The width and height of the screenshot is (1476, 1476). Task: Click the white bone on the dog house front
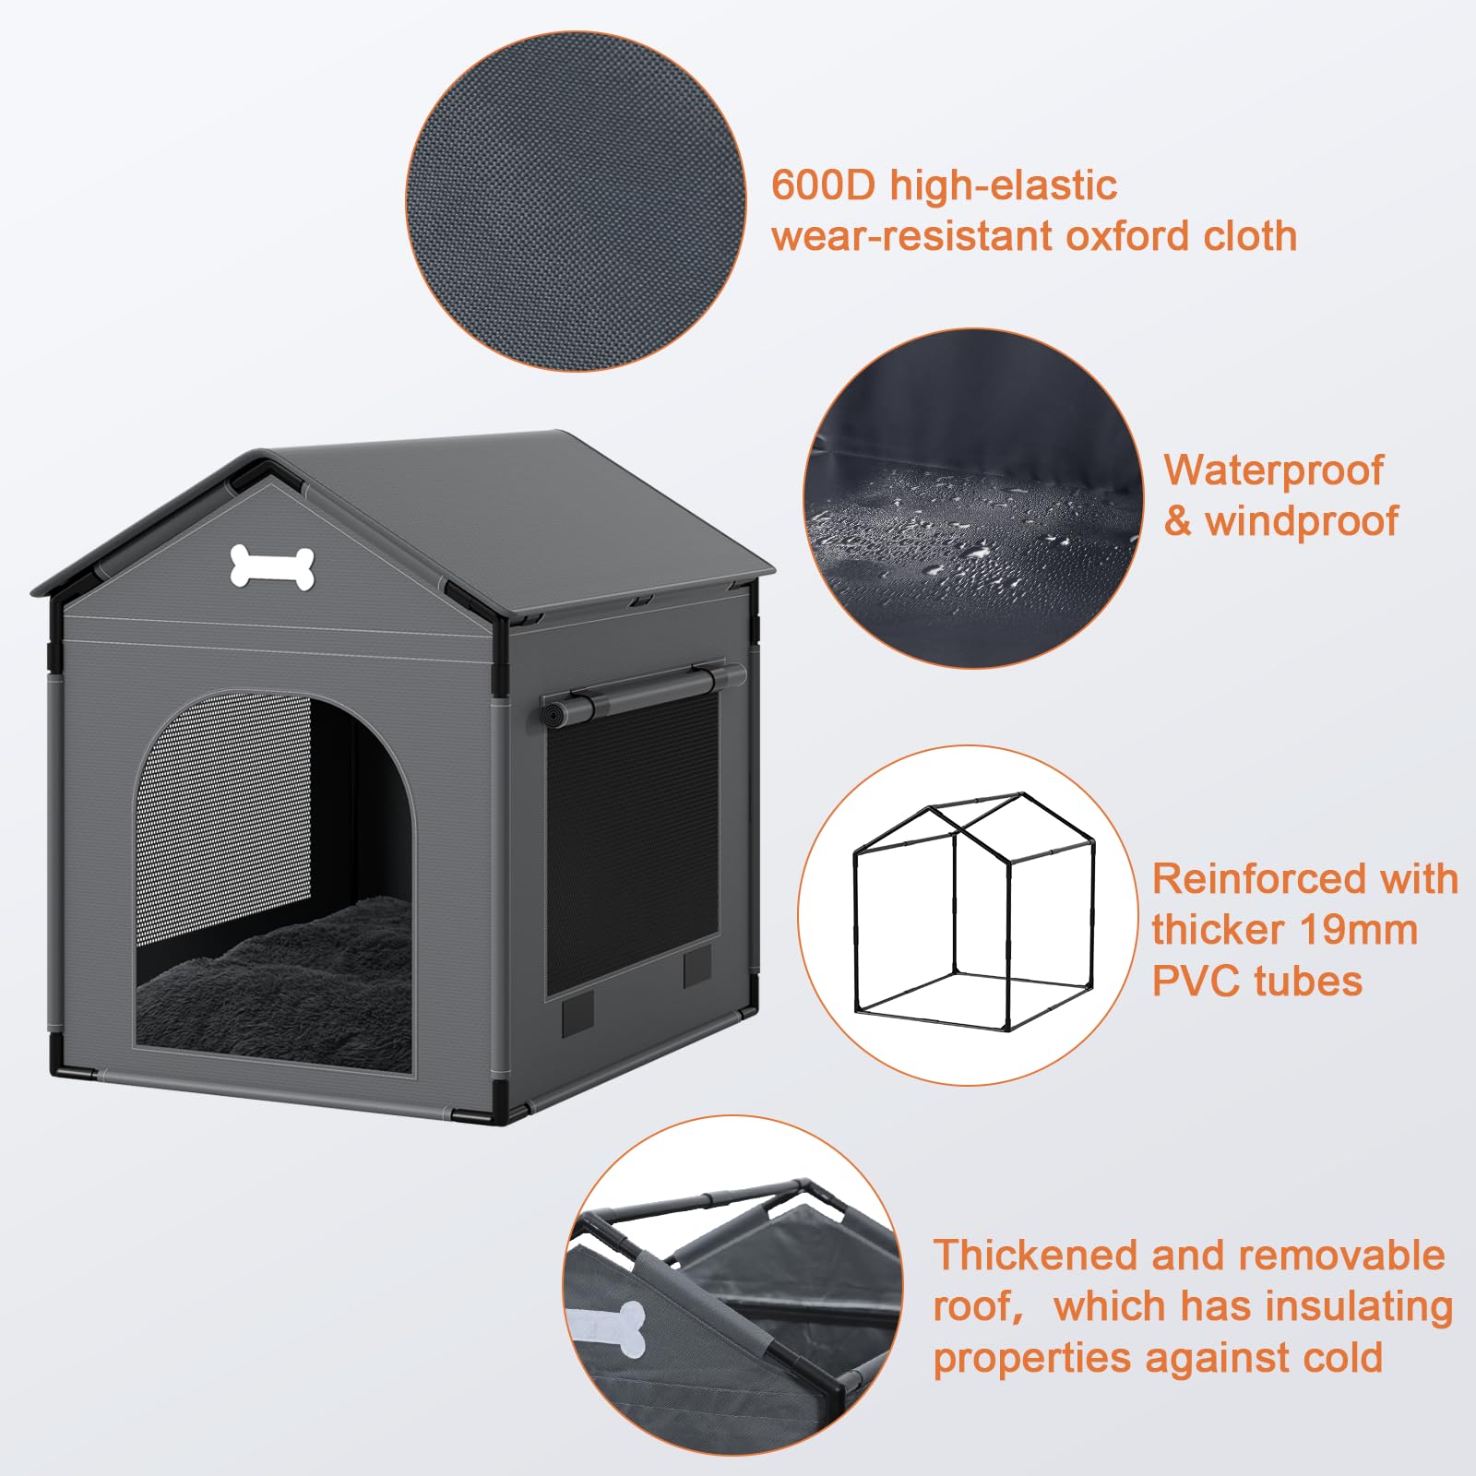(x=272, y=566)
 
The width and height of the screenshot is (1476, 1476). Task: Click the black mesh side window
(x=632, y=839)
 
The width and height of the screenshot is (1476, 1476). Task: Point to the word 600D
(x=822, y=185)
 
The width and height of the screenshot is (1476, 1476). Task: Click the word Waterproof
(x=1273, y=470)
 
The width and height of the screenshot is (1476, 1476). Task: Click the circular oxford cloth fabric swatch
(x=576, y=202)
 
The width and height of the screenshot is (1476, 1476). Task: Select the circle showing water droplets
(x=972, y=498)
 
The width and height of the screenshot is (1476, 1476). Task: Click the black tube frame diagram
(x=973, y=913)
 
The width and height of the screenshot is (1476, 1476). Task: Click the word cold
(x=1343, y=1359)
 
